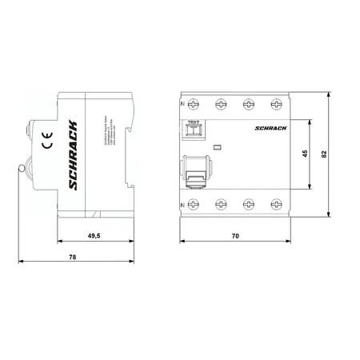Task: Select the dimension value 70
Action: [x=233, y=237]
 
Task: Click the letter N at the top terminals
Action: [x=183, y=106]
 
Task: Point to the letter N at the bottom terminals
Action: [x=183, y=206]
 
